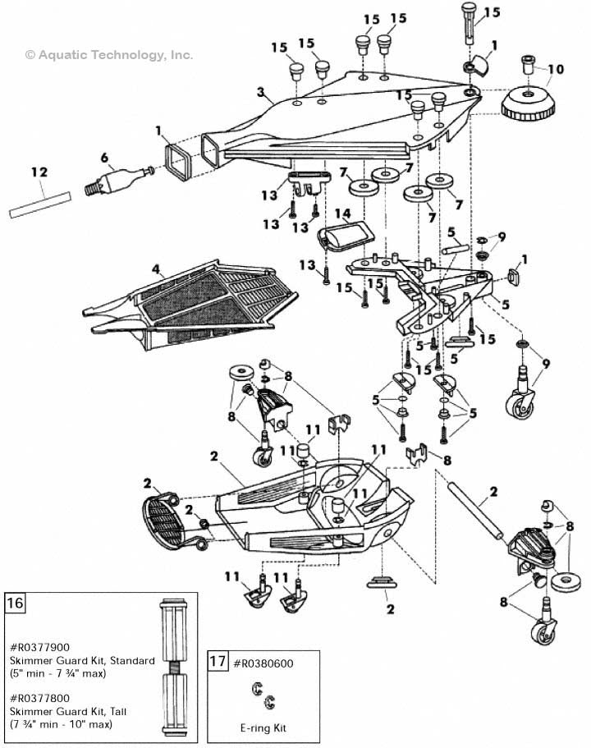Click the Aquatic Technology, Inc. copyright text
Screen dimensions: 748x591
[109, 55]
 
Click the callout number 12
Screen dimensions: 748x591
[39, 173]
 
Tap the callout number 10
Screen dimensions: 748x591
[556, 69]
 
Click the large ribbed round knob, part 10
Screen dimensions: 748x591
[529, 105]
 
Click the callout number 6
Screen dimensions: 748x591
[103, 158]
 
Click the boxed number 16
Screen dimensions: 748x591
[16, 603]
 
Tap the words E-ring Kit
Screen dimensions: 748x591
[261, 727]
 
